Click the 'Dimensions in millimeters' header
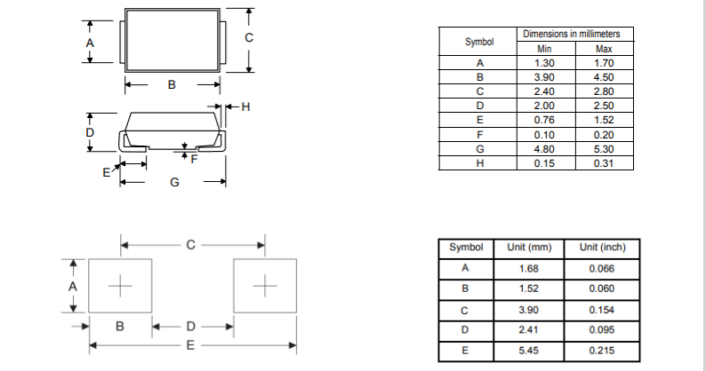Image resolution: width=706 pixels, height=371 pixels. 577,34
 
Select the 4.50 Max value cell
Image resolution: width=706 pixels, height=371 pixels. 604,77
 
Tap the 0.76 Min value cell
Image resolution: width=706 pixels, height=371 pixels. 544,120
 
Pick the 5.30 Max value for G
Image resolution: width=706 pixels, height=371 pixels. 604,149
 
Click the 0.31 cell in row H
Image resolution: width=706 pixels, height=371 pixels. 604,163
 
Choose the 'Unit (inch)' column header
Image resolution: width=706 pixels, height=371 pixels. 600,247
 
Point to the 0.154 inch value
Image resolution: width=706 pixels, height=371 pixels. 600,309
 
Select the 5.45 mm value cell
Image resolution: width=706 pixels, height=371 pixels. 529,351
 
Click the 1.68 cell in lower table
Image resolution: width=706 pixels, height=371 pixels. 529,268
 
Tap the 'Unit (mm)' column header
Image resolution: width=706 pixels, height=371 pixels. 529,247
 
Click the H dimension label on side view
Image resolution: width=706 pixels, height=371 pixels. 246,107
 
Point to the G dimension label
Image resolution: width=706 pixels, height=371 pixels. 174,182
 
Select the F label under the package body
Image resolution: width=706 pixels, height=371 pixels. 193,159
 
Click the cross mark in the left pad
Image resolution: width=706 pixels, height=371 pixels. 120,286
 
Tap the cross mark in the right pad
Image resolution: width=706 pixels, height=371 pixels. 264,286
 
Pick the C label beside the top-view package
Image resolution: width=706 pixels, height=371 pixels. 250,37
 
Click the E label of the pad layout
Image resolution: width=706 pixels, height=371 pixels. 189,343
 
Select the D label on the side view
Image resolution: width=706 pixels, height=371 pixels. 89,132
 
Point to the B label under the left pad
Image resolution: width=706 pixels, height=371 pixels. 120,326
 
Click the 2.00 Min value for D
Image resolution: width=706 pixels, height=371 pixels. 544,106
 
